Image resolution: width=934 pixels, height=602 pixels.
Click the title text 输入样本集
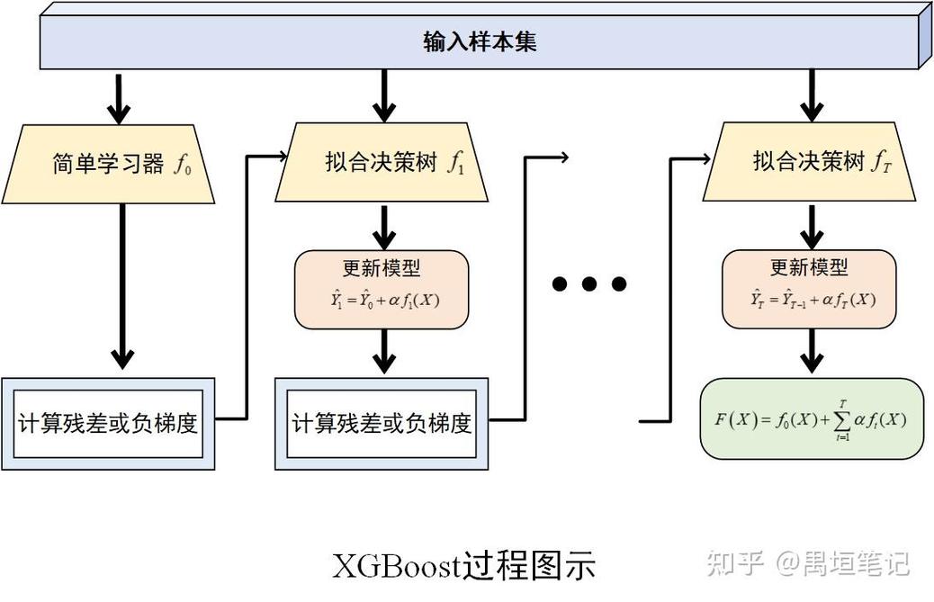tap(480, 42)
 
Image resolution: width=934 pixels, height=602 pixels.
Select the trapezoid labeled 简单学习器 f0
tap(108, 164)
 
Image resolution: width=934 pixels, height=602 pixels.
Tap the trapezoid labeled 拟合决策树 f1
tap(384, 163)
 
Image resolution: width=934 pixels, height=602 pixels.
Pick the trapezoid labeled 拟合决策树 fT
tap(812, 163)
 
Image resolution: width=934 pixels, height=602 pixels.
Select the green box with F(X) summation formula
tap(811, 419)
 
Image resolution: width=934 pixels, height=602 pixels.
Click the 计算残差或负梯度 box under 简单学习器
tap(108, 423)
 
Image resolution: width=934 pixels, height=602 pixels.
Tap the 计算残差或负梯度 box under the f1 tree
tap(382, 423)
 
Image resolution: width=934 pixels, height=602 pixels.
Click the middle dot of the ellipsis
tap(589, 284)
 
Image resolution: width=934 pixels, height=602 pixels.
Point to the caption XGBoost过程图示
tap(464, 566)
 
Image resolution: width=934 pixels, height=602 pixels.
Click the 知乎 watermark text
tap(735, 564)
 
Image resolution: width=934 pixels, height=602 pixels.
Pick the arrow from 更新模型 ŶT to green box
tap(812, 352)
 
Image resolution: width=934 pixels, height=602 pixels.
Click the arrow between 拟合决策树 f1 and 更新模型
tap(384, 228)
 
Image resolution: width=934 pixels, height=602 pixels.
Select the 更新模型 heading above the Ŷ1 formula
tap(382, 268)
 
